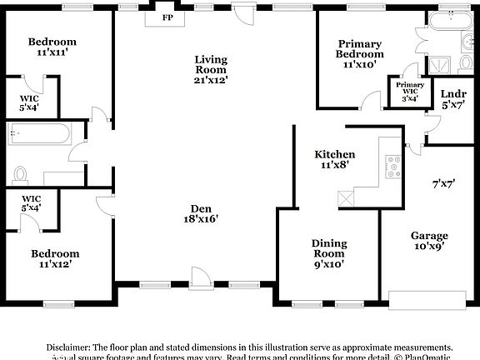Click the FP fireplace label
167,17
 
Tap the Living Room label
212,69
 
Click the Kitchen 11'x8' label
334,159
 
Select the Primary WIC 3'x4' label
410,91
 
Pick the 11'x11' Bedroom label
52,47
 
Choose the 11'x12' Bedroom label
56,258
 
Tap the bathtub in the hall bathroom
41,133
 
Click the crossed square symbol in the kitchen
346,199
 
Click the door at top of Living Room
242,14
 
